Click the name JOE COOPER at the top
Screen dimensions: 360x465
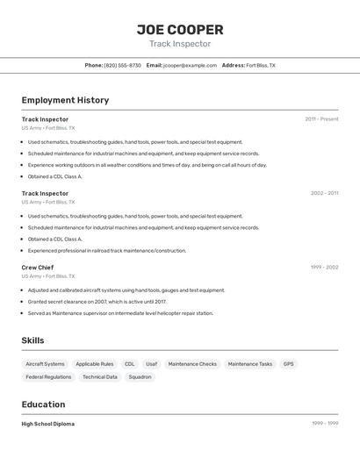(180, 30)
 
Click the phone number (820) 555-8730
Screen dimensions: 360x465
(122, 66)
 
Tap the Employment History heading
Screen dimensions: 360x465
(65, 100)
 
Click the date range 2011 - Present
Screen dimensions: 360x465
(321, 119)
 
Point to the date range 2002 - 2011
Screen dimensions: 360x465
(324, 193)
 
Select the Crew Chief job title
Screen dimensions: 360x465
(38, 268)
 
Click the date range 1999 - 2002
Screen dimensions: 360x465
(324, 268)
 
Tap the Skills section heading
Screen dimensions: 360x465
(32, 340)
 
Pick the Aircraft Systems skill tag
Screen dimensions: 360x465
(45, 364)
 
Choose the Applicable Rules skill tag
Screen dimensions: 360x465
(94, 364)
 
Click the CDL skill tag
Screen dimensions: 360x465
(129, 364)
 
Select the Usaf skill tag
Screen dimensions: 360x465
(152, 364)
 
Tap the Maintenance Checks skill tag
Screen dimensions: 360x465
(192, 364)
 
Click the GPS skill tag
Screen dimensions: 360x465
(288, 364)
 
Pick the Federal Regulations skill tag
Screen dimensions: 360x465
(48, 377)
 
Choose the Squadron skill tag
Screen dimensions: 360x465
(140, 377)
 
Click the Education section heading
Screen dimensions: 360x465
(43, 404)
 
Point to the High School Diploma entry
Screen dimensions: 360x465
(48, 424)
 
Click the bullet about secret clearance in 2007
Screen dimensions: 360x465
(97, 302)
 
